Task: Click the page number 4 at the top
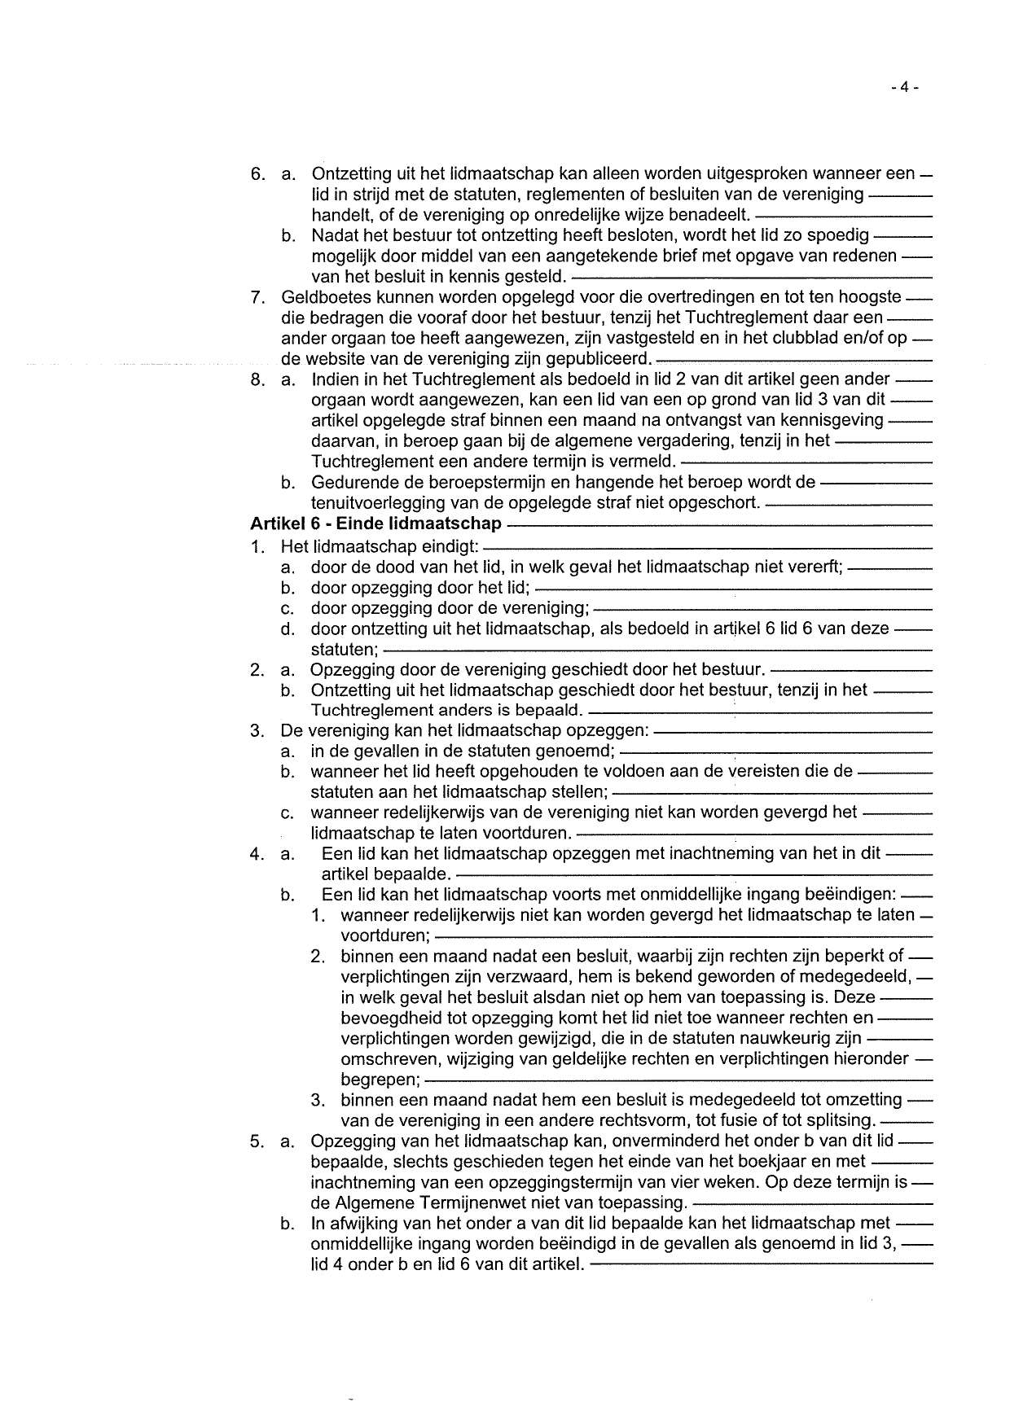tap(903, 88)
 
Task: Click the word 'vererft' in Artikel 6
tap(815, 567)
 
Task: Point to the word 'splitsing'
tap(840, 1120)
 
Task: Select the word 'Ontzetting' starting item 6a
tap(352, 174)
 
